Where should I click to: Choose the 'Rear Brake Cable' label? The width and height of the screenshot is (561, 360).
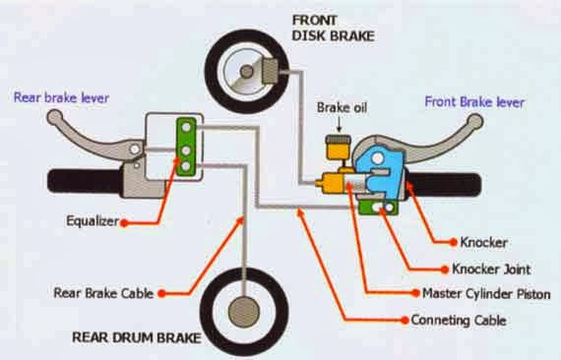click(105, 292)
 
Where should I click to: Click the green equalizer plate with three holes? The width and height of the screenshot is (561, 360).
click(183, 146)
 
